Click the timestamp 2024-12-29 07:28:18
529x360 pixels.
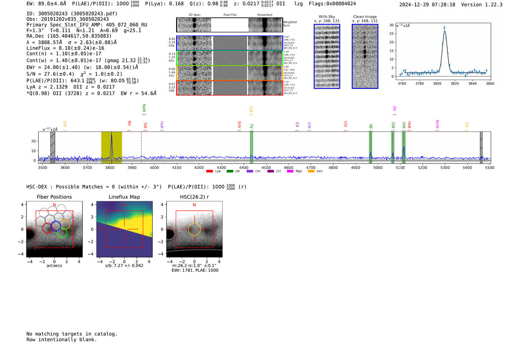click(427, 5)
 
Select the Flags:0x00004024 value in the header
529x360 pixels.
click(332, 4)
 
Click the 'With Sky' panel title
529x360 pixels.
click(327, 17)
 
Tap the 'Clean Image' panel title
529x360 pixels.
click(365, 17)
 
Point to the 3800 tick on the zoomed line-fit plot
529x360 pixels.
click(437, 83)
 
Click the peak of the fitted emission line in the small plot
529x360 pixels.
click(444, 31)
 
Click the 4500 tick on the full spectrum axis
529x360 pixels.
click(266, 168)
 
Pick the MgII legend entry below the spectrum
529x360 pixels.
click(295, 172)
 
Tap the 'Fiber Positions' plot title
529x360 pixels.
click(54, 197)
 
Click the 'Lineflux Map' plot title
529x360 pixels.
click(124, 197)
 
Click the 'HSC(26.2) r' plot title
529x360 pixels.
click(194, 197)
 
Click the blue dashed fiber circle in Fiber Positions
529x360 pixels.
click(56, 226)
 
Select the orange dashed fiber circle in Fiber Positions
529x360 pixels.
click(65, 224)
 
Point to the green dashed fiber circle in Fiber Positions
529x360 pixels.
click(62, 233)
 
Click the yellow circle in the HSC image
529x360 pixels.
click(194, 229)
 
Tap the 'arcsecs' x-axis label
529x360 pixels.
click(54, 266)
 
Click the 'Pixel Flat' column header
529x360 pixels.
click(230, 15)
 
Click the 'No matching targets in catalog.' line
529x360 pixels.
click(72, 334)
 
